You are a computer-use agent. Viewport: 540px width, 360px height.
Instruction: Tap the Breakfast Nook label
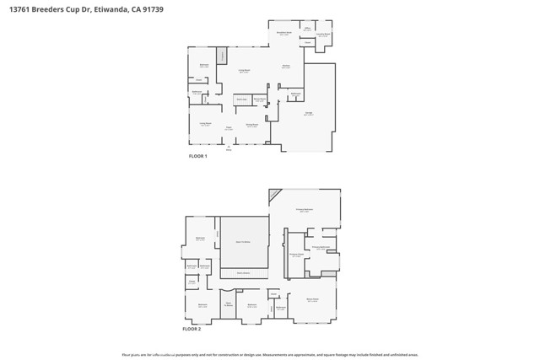pyautogui.click(x=284, y=34)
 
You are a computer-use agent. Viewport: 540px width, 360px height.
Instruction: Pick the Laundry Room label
pyautogui.click(x=324, y=35)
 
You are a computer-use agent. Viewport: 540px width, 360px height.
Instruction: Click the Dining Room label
pyautogui.click(x=251, y=126)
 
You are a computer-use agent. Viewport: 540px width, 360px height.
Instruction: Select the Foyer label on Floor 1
pyautogui.click(x=229, y=128)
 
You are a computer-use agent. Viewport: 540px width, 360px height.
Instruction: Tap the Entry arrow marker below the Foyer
pyautogui.click(x=228, y=148)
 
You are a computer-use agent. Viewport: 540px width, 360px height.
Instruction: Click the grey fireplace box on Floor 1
pyautogui.click(x=223, y=56)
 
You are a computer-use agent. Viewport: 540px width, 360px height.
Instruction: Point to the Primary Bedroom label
pyautogui.click(x=305, y=210)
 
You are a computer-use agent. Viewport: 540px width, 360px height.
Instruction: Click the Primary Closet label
pyautogui.click(x=296, y=255)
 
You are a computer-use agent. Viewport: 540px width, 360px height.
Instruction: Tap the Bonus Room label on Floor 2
pyautogui.click(x=312, y=301)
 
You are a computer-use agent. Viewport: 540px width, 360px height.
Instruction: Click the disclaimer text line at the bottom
pyautogui.click(x=270, y=355)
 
